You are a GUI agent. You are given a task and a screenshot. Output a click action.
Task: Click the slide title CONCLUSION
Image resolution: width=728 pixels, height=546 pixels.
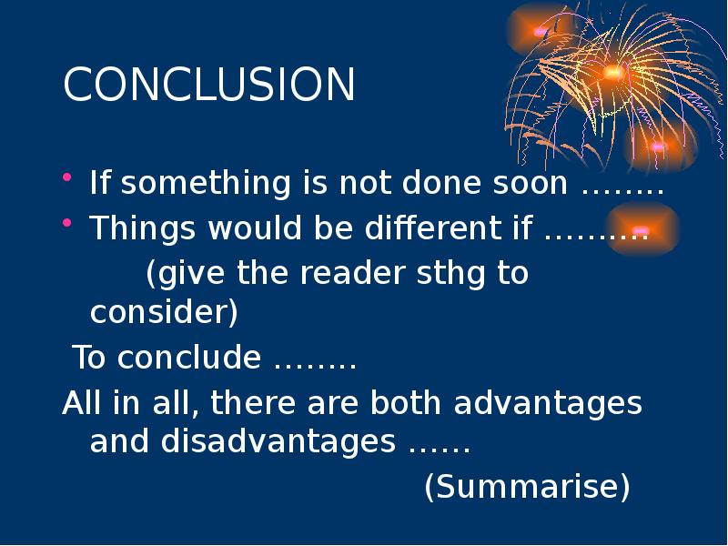point(208,85)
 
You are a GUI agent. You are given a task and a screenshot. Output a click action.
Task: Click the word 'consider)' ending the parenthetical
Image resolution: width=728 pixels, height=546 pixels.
point(164,314)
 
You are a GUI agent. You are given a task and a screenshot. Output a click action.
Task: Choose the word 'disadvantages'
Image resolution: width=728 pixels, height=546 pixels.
point(278,443)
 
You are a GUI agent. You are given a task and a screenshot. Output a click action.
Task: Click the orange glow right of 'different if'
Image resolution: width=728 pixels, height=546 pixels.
point(641,230)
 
